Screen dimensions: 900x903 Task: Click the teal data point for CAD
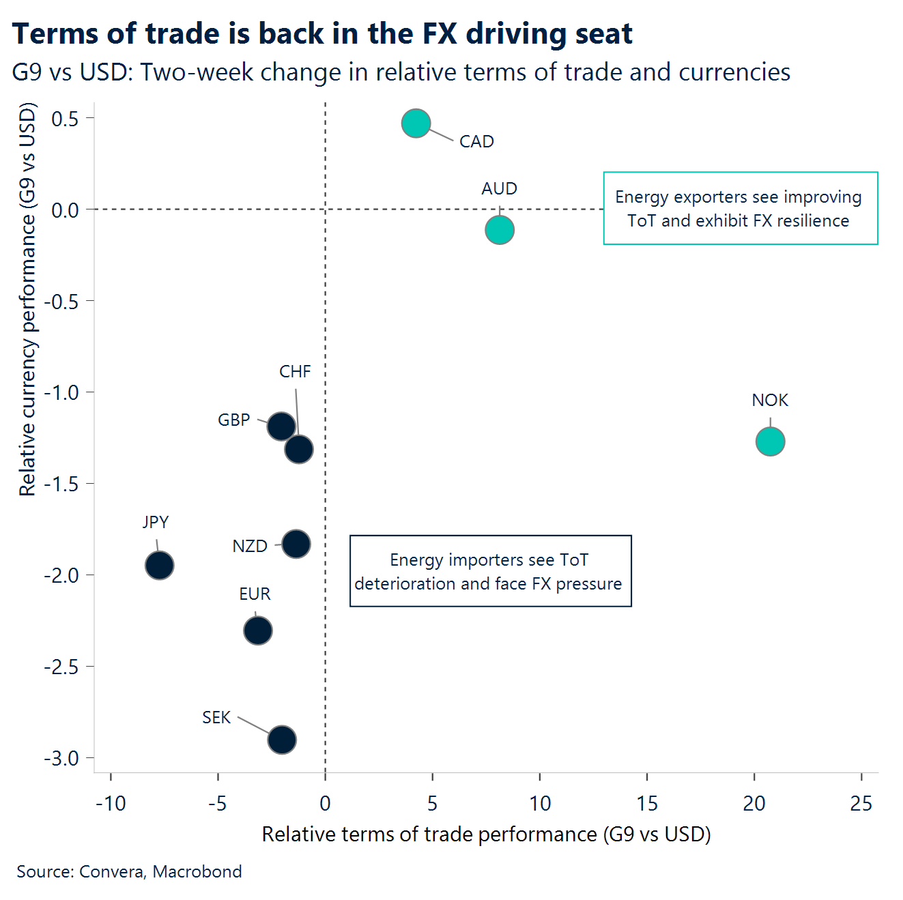click(416, 124)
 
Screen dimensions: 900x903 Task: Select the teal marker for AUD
click(500, 230)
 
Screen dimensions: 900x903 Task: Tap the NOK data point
click(770, 441)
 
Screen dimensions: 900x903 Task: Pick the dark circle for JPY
click(159, 565)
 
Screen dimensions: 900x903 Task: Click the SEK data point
click(282, 740)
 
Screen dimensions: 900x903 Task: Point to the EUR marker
click(257, 630)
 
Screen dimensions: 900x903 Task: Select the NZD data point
click(296, 544)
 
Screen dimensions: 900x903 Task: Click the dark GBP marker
click(281, 426)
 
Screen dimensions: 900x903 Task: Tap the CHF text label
click(295, 372)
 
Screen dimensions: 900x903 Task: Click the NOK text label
click(770, 401)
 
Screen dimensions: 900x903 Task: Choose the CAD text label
click(476, 142)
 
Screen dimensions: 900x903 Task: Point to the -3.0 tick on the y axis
click(61, 758)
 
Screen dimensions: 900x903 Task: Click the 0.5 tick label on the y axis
click(65, 119)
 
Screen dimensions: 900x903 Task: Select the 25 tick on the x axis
click(861, 804)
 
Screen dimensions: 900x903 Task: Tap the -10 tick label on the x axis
click(111, 804)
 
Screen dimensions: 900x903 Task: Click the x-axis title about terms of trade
click(486, 834)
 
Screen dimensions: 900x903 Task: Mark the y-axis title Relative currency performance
click(27, 300)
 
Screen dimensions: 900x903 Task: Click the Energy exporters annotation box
click(740, 208)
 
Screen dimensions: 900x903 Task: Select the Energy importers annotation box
click(490, 571)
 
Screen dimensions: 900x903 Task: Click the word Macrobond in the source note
click(197, 872)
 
